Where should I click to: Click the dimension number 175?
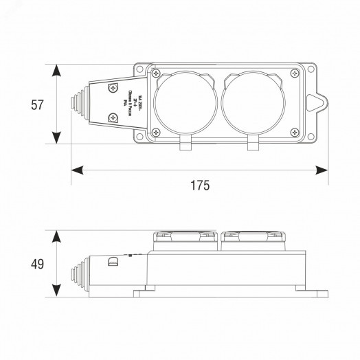[199, 185]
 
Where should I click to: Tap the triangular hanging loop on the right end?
[317, 104]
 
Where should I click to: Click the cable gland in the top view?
[78, 104]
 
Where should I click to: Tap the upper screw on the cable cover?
[113, 88]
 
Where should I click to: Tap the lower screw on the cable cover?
[113, 121]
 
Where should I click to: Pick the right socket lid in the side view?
[251, 239]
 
